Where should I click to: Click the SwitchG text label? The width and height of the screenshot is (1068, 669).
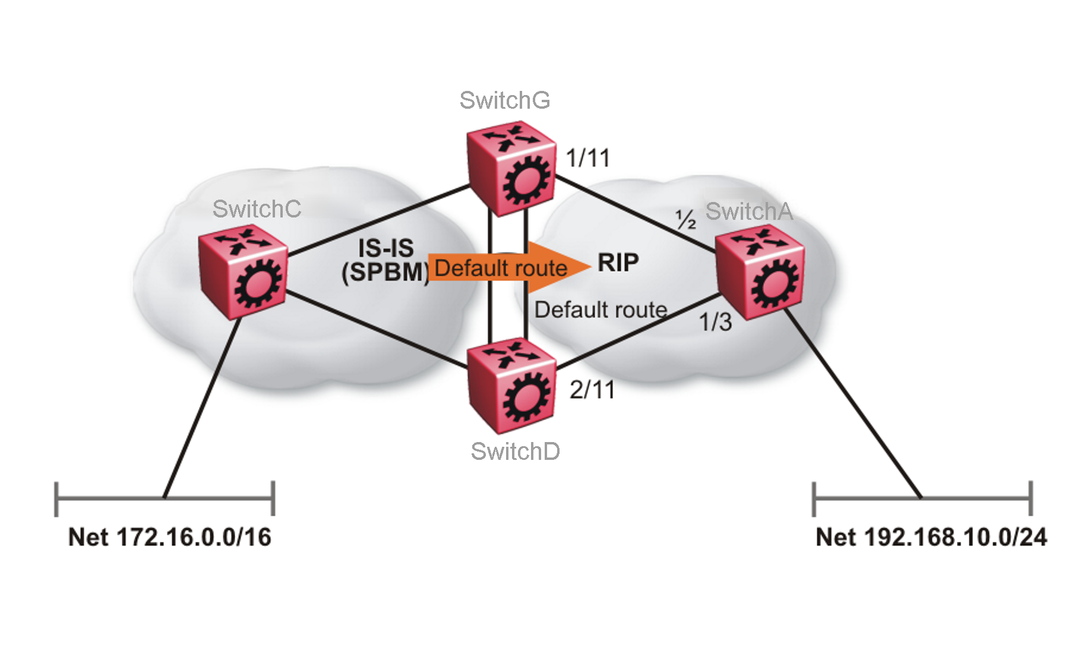504,100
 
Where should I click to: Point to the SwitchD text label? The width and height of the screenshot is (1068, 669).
515,452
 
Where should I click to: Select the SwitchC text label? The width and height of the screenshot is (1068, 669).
257,209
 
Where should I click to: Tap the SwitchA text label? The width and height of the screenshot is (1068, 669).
748,212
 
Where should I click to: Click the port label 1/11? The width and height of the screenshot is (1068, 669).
588,159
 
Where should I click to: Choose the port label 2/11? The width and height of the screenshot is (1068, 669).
592,390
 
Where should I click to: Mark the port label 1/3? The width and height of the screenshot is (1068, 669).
715,322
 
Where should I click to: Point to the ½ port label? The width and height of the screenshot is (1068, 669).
686,220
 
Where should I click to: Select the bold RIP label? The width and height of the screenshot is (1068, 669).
618,262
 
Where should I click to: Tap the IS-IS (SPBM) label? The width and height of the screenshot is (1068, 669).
386,260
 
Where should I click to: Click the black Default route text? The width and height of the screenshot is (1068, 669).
601,310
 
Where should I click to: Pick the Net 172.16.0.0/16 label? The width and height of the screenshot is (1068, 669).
170,537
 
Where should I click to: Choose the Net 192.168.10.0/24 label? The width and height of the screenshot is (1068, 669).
931,537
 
